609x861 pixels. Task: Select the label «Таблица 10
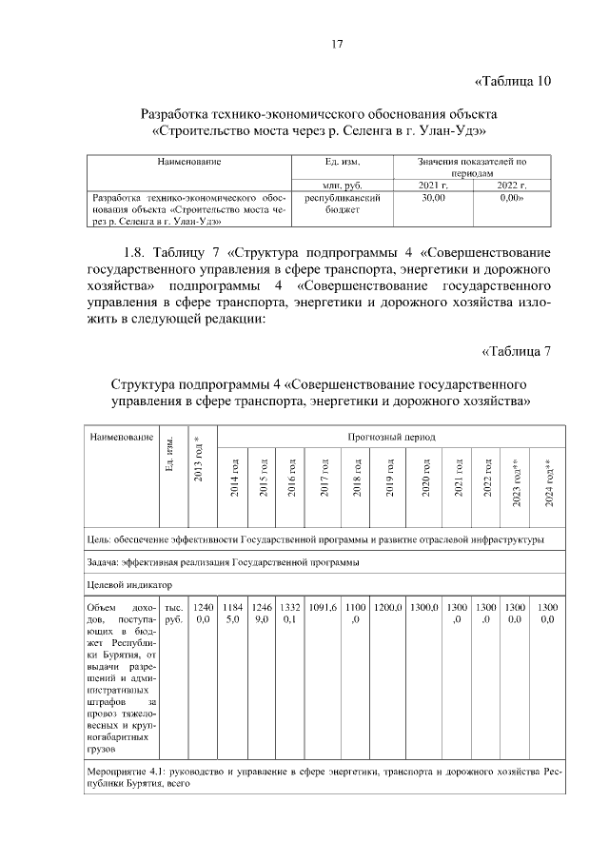coord(512,80)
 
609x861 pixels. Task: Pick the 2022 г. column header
coord(511,185)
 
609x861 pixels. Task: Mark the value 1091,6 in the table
coord(324,606)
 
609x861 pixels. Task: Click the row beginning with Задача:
coord(223,562)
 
